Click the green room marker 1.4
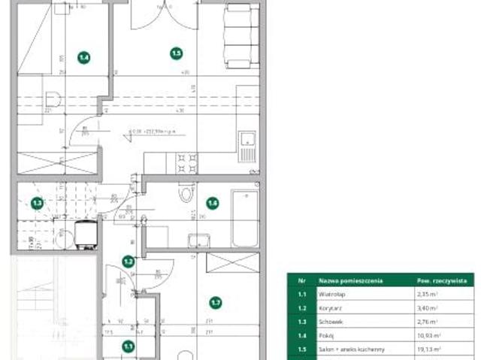84,56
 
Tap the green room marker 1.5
177,53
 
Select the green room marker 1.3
37,202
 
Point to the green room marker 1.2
129,262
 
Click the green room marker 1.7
216,303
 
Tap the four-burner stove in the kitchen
187,162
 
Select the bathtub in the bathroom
244,218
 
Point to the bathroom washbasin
199,240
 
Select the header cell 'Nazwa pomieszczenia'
351,280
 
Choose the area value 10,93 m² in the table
429,336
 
